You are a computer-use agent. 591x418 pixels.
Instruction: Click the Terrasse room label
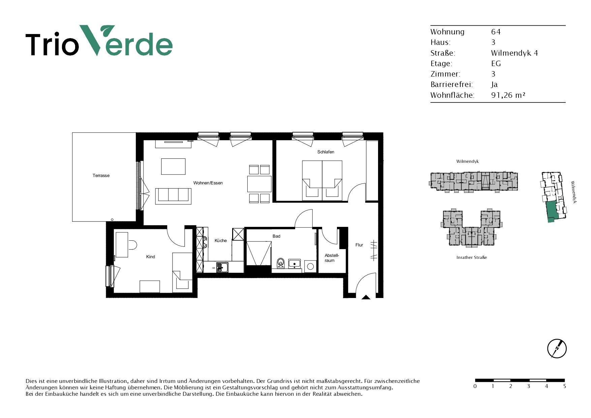[x=101, y=176]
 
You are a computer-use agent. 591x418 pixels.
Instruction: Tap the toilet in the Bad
[x=281, y=263]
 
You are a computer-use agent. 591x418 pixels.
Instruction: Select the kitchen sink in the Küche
[x=222, y=268]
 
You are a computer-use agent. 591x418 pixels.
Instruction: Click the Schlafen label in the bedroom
[x=326, y=152]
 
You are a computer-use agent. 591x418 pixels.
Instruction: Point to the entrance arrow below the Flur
[x=366, y=297]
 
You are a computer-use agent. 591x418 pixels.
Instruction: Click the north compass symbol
[x=557, y=349]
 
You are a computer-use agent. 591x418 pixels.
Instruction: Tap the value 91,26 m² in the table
[x=508, y=95]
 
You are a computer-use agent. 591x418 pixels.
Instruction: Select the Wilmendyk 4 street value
[x=515, y=53]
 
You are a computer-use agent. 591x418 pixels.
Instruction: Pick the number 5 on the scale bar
[x=565, y=386]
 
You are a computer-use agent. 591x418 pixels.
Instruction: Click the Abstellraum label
[x=332, y=258]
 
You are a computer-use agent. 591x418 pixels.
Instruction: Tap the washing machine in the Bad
[x=310, y=266]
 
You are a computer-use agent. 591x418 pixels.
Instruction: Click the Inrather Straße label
[x=472, y=258]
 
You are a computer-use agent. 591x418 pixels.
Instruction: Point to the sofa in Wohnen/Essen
[x=173, y=196]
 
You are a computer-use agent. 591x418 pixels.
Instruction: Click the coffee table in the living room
[x=173, y=167]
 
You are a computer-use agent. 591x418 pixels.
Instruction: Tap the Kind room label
[x=151, y=257]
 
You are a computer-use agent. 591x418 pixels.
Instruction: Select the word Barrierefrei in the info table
[x=452, y=85]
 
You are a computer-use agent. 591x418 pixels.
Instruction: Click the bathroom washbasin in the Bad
[x=294, y=263]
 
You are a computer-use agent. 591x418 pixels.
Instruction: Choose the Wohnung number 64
[x=496, y=32]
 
